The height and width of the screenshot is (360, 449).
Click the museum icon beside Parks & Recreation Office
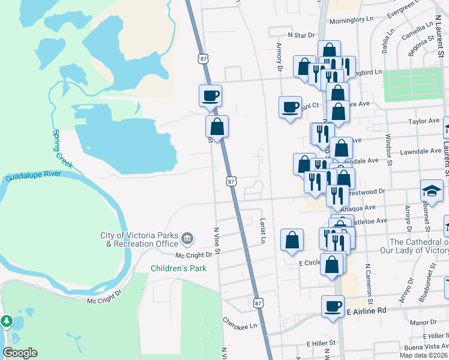tap(187, 239)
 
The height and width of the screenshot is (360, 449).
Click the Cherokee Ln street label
tap(240, 322)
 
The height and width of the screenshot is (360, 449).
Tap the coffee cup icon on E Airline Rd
tap(332, 307)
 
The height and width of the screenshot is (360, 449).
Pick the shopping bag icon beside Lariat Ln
tap(292, 239)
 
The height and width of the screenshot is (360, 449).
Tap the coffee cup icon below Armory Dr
tap(291, 107)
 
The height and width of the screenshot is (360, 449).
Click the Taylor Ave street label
tap(424, 121)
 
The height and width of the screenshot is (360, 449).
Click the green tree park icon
tap(7, 321)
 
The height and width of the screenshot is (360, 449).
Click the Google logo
tap(20, 353)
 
